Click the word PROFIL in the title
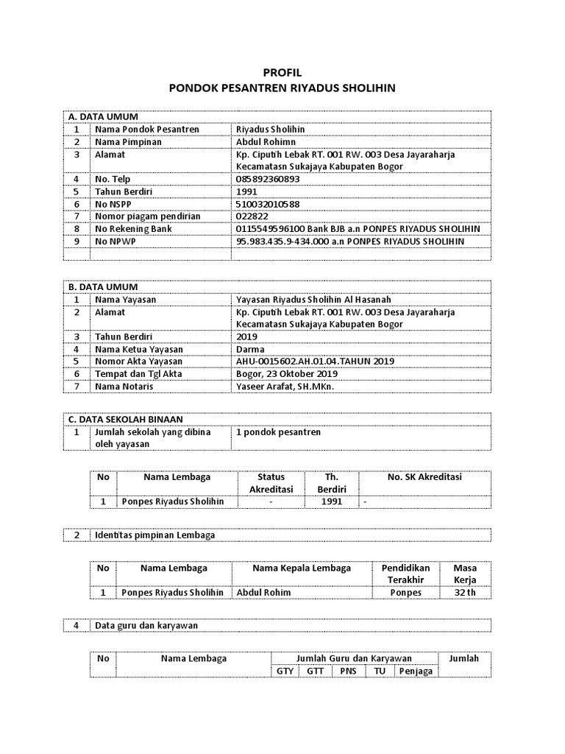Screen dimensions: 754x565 pos(282,73)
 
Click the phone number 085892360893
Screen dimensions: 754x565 pos(268,179)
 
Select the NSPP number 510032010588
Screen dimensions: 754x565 pos(268,204)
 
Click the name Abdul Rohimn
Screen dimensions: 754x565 pos(266,141)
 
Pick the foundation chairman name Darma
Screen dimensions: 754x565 pos(250,349)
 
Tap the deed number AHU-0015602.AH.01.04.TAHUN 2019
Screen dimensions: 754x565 pos(315,362)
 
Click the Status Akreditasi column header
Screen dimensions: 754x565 pos(271,483)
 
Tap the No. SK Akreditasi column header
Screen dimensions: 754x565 pos(424,477)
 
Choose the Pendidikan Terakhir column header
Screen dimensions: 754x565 pos(405,574)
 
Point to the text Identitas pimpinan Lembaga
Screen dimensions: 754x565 pos(154,535)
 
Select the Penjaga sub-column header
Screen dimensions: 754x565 pos(416,671)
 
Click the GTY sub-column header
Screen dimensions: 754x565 pos(285,671)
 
